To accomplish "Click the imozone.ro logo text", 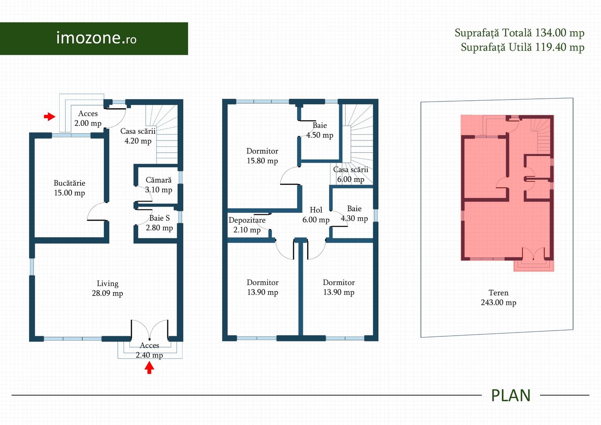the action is [96, 38].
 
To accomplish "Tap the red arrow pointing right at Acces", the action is [50, 116].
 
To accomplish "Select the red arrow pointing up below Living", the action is [149, 368].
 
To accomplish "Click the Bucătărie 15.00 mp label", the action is [70, 188].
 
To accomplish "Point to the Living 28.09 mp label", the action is [107, 288].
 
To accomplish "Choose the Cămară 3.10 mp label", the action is [159, 185].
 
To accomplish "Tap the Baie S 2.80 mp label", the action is [159, 223].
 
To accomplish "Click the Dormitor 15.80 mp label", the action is [262, 156].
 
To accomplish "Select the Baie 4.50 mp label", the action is [319, 130].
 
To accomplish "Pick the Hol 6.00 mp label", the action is [316, 215].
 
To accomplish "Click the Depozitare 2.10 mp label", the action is [247, 225].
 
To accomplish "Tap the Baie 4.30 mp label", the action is [354, 213].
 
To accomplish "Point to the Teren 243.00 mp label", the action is [498, 297].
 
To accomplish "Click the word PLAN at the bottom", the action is [511, 395].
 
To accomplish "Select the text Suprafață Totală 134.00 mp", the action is [520, 33].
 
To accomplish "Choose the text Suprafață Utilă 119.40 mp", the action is [523, 48].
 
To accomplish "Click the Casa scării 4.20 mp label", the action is [138, 136].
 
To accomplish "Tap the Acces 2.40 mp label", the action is [149, 350].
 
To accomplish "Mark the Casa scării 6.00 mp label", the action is [351, 174].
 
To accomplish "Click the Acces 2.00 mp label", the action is [88, 118].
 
